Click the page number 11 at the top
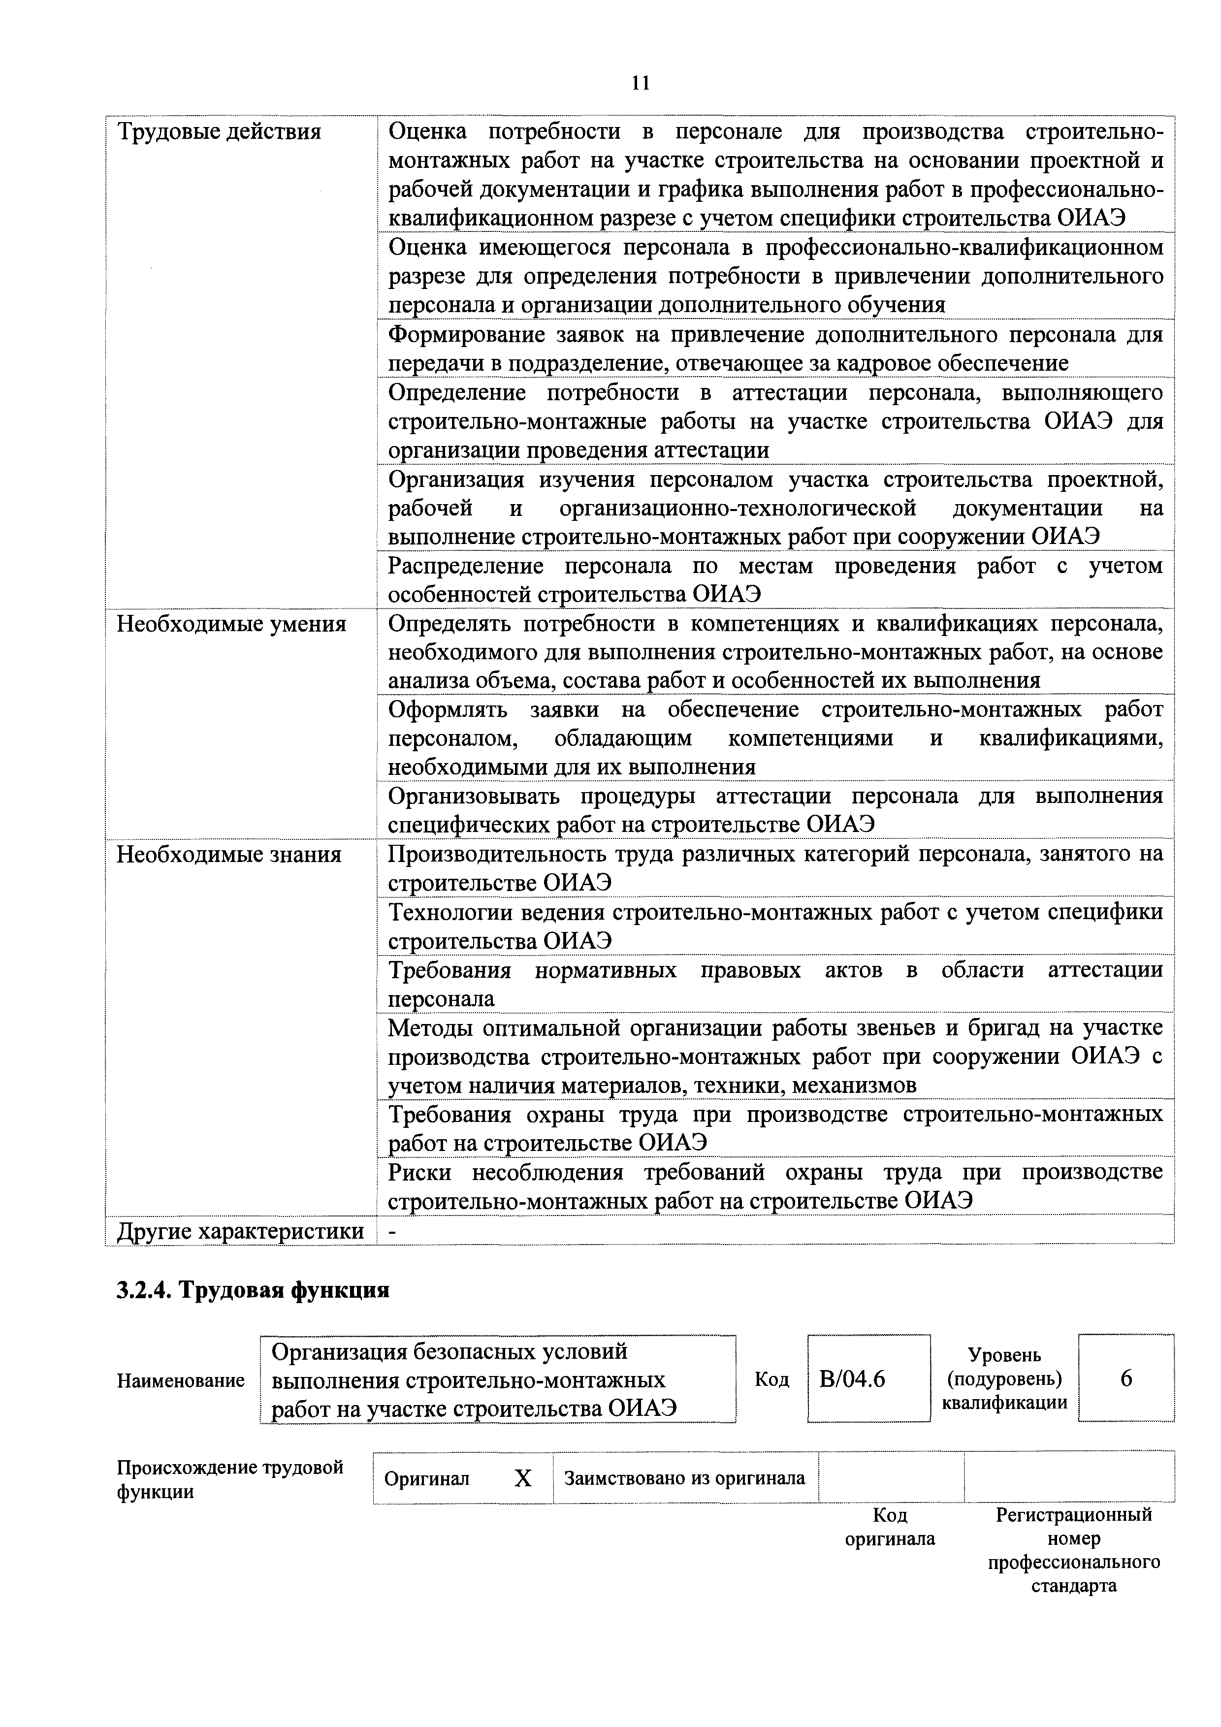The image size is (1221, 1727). click(x=640, y=83)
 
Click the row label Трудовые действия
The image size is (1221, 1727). click(x=219, y=132)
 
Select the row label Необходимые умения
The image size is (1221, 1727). click(x=231, y=624)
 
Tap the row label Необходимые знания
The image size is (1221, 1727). click(x=229, y=855)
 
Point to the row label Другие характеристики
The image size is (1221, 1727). click(x=240, y=1231)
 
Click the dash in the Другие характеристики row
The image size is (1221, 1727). click(x=391, y=1231)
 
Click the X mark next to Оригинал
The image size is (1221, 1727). click(x=523, y=1479)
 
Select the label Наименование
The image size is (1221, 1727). click(x=181, y=1380)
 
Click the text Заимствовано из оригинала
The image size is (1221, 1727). click(x=685, y=1479)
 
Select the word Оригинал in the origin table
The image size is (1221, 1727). click(x=426, y=1479)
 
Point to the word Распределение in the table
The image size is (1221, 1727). click(x=466, y=566)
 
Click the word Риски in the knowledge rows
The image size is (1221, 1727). click(x=421, y=1173)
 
